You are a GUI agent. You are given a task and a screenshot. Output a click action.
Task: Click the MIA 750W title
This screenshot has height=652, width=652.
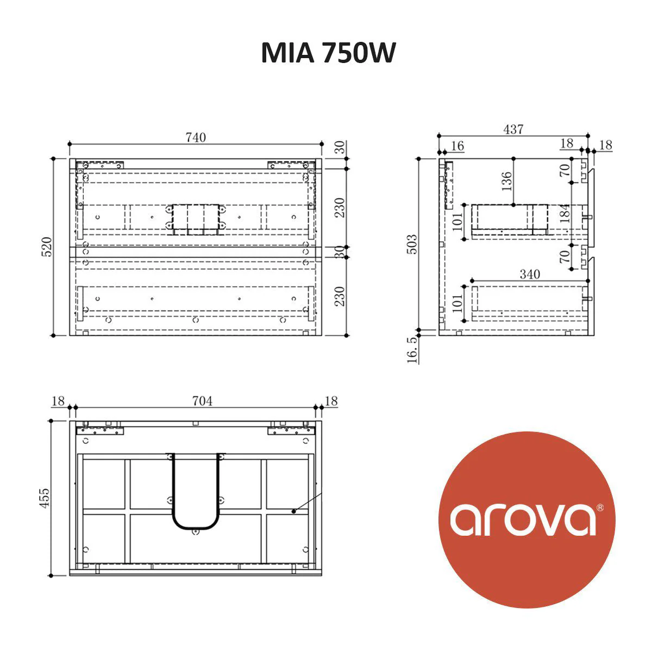click(328, 53)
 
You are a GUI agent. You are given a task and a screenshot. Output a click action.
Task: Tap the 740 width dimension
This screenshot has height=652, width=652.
click(196, 137)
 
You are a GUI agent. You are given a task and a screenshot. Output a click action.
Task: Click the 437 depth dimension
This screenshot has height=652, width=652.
click(513, 129)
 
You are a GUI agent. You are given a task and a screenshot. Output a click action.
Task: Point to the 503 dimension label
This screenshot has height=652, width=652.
click(412, 244)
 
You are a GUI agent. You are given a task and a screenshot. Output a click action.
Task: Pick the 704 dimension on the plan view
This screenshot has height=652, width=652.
click(202, 401)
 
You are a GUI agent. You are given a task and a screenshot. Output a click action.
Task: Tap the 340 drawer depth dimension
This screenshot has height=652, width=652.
click(529, 274)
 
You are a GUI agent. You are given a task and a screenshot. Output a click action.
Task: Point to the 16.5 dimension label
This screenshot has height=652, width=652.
click(412, 349)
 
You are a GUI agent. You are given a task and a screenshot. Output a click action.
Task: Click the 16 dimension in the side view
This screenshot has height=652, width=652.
click(457, 146)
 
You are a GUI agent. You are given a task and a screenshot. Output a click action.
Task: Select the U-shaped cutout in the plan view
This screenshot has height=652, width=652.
click(196, 492)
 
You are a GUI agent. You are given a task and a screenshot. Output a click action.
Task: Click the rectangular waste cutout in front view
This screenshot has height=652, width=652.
click(196, 220)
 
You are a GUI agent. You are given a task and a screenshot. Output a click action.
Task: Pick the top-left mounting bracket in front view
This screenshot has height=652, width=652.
click(101, 164)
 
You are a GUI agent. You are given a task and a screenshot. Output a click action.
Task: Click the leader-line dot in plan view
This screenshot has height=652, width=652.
click(293, 511)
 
